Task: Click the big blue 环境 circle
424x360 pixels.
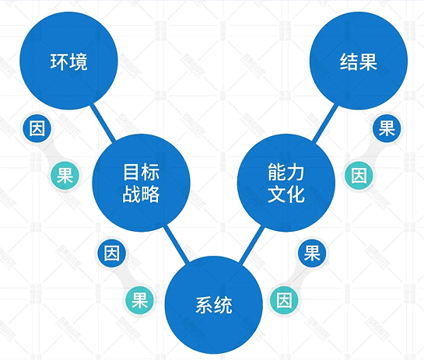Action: tap(68, 61)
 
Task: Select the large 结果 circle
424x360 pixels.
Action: tap(359, 61)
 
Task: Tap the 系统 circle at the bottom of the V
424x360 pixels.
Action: tap(214, 305)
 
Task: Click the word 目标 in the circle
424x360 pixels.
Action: tap(141, 172)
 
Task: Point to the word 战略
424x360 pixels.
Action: tap(141, 194)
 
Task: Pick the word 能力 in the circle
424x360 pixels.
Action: tap(286, 172)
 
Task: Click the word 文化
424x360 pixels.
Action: tap(286, 194)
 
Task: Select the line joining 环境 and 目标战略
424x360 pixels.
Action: tap(103, 122)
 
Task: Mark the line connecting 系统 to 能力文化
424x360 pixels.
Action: tap(251, 244)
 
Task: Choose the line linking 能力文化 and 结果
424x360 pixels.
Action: tap(325, 122)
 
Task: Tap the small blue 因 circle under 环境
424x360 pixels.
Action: tap(37, 128)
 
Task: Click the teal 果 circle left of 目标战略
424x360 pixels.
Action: tap(65, 175)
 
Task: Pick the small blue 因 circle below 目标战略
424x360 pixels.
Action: tap(112, 253)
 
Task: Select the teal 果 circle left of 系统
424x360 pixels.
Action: tap(139, 300)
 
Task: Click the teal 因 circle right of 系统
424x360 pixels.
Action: tap(284, 300)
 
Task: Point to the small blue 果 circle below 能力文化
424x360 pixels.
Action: tap(312, 253)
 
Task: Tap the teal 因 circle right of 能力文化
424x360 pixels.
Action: tap(359, 175)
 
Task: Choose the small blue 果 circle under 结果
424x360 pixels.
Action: tap(387, 128)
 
